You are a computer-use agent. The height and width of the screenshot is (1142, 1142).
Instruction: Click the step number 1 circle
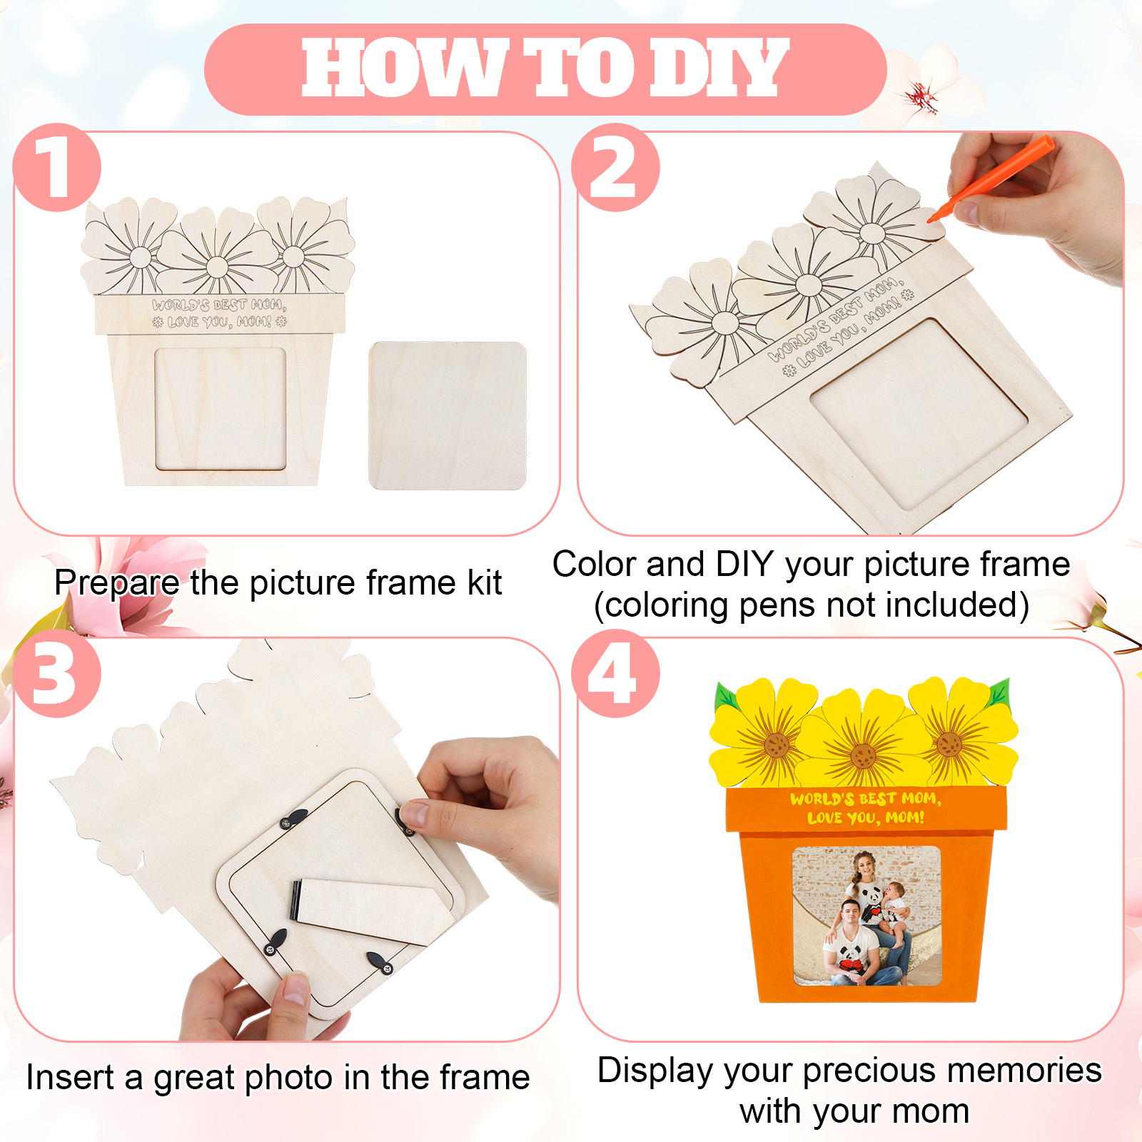click(57, 167)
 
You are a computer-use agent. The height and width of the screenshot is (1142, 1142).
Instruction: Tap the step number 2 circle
click(615, 167)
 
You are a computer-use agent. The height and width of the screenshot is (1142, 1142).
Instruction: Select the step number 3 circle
click(57, 673)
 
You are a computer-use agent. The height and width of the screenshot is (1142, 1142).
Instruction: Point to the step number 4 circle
click(615, 673)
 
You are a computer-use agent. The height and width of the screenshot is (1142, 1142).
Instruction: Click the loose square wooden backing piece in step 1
click(448, 416)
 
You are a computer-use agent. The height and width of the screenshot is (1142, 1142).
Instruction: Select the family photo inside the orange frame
click(866, 916)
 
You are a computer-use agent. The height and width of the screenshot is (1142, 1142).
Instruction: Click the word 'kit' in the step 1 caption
click(485, 582)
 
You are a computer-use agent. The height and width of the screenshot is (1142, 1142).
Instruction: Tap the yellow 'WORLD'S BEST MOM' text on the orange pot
click(865, 799)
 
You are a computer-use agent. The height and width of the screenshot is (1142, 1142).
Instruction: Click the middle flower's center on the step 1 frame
click(216, 267)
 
